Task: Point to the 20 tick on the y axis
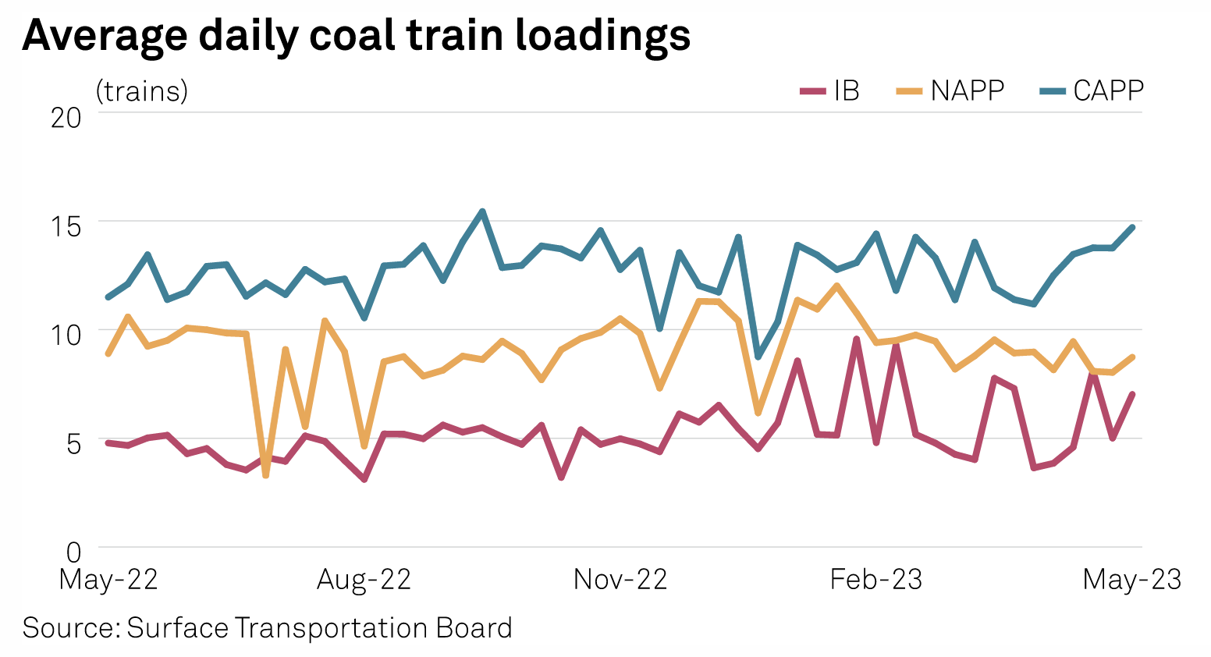pos(66,117)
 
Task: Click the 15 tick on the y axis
pos(66,226)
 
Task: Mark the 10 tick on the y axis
pos(66,335)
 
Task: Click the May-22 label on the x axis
pos(108,580)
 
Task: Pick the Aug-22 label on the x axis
pos(364,580)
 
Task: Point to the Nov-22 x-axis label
pos(620,580)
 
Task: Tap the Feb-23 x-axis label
pos(875,580)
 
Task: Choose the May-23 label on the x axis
pos(1131,580)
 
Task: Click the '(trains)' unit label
pos(141,91)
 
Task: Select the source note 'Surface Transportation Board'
pos(267,628)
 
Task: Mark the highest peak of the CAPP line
pos(482,211)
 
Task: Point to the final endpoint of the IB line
pos(1132,394)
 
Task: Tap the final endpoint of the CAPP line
pos(1132,227)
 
